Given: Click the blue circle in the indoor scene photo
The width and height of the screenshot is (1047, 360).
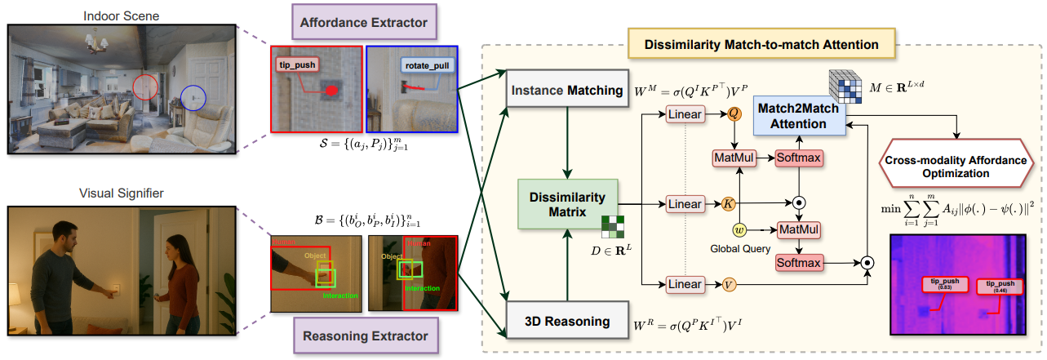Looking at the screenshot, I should pos(193,98).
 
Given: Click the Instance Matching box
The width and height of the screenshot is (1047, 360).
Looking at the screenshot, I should pos(566,90).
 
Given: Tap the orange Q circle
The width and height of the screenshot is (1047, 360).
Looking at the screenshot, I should pos(733,115).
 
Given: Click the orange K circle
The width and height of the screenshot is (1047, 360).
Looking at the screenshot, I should pos(731,202).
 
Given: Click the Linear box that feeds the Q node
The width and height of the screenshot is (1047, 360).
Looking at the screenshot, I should pos(685,115).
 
